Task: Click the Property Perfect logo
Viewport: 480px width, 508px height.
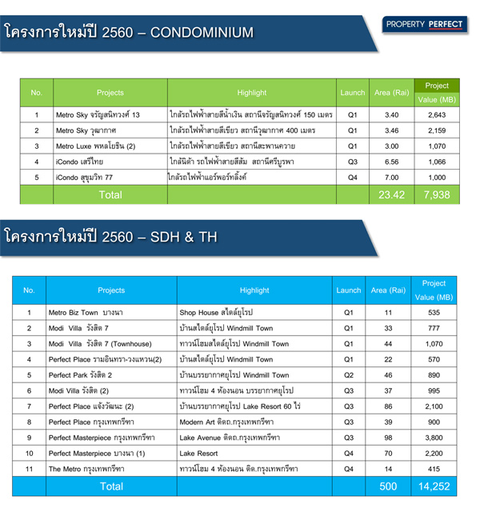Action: tap(424, 25)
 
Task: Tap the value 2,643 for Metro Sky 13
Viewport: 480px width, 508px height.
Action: tap(437, 115)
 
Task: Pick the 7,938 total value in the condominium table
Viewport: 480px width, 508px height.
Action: tap(437, 194)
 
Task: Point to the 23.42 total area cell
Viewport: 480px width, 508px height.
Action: tap(392, 194)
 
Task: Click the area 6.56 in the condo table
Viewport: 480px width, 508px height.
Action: tap(392, 162)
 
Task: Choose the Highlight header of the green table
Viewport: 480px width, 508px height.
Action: tap(252, 93)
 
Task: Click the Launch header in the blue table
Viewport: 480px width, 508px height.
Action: tap(349, 290)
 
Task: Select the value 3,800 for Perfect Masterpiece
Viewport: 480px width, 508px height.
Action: tap(434, 438)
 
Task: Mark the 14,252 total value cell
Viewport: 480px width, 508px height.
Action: tap(434, 486)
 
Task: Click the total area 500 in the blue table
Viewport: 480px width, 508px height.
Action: tap(389, 486)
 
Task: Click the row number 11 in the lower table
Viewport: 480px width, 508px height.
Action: tap(29, 469)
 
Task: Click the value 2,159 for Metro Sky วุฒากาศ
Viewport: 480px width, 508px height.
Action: tap(437, 130)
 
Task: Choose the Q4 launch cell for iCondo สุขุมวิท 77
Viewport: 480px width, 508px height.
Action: tap(353, 177)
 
